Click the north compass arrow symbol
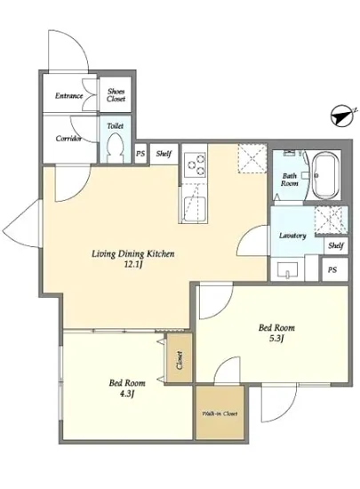pos(342,116)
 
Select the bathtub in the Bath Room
pos(325,175)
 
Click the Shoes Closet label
pos(116,95)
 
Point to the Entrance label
pos(68,96)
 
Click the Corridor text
pos(68,139)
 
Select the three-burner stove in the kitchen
pos(195,164)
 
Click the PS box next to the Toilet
pos(140,154)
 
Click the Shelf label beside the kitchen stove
pos(164,154)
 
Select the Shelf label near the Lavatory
pos(336,245)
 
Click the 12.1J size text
pos(133,265)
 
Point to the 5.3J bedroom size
pos(276,339)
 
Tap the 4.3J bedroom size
pos(127,394)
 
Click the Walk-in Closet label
pos(220,413)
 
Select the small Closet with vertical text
pos(180,358)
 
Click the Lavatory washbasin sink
pos(287,269)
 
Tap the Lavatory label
pos(292,236)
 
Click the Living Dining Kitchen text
pos(133,254)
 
